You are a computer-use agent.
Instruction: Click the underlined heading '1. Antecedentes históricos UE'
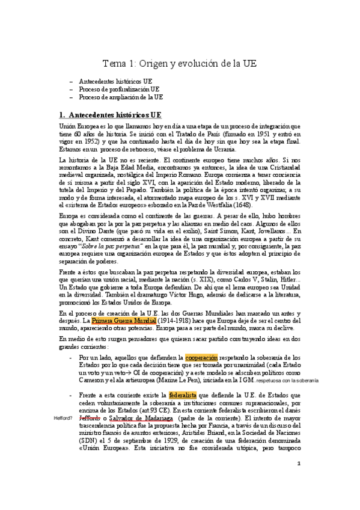tap(115, 114)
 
